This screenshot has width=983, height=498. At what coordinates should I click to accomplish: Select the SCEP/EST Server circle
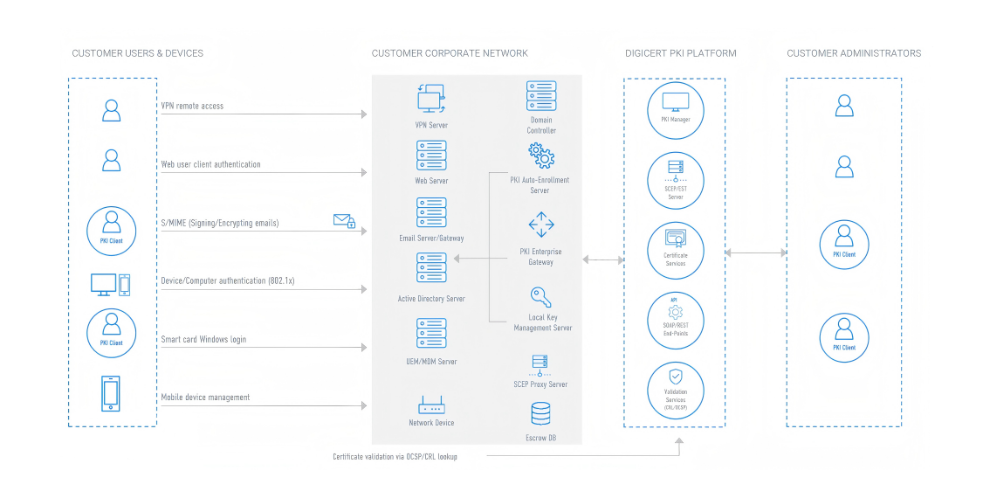[x=675, y=180]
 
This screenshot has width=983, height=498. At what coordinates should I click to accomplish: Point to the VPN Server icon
[x=431, y=98]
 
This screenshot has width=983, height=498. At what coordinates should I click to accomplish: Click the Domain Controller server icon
[x=541, y=95]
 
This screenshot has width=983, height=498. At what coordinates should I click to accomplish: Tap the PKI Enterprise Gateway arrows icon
[x=541, y=225]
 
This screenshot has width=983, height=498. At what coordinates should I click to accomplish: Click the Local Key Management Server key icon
[x=540, y=296]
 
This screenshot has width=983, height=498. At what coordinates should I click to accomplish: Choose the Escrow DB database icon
[x=541, y=413]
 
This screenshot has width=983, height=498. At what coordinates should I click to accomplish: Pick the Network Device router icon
[x=431, y=405]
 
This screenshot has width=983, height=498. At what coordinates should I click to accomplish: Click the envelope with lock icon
[x=344, y=221]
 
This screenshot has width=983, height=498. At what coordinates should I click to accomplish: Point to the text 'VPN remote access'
[x=192, y=106]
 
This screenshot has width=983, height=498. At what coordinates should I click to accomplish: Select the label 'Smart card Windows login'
[x=203, y=339]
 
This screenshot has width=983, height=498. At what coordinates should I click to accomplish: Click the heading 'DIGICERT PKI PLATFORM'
[x=681, y=53]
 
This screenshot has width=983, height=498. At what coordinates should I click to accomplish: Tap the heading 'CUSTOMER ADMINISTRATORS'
[x=854, y=53]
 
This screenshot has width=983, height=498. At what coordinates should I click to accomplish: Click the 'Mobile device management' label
[x=205, y=398]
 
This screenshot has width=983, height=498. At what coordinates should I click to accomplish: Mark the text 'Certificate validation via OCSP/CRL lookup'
[x=395, y=457]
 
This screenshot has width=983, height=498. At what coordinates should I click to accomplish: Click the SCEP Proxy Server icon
[x=540, y=362]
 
